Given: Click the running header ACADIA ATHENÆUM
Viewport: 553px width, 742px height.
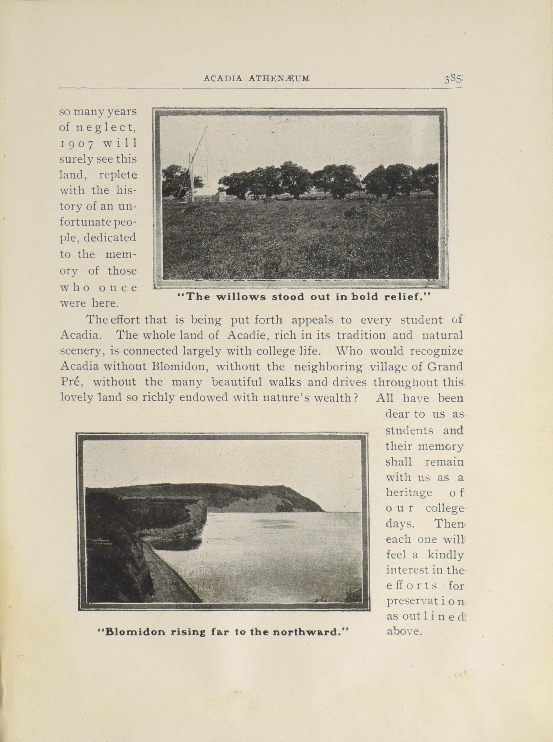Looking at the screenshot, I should (257, 79).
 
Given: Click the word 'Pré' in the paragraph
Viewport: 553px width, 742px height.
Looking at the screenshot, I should (71, 382).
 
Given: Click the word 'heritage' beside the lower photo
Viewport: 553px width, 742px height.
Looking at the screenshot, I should (409, 492).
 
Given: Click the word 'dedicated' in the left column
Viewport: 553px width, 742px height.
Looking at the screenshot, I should (110, 238).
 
